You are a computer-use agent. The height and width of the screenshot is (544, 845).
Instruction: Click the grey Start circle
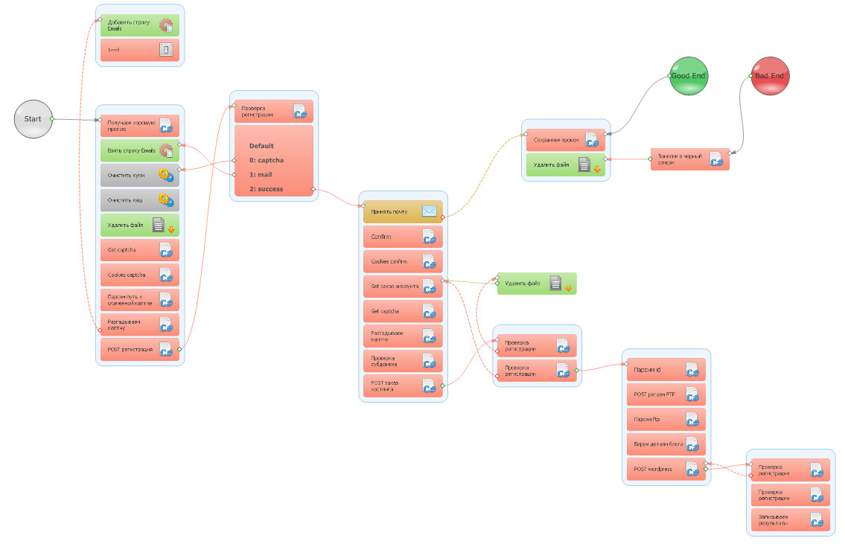(x=34, y=119)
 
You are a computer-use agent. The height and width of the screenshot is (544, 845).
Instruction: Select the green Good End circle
(x=688, y=76)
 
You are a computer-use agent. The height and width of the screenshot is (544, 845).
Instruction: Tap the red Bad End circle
(x=770, y=76)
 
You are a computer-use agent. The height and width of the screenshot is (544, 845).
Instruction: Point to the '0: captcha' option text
(x=267, y=160)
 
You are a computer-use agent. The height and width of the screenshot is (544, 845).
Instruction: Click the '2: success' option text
(x=266, y=189)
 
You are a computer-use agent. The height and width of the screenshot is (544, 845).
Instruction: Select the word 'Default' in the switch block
(x=261, y=146)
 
